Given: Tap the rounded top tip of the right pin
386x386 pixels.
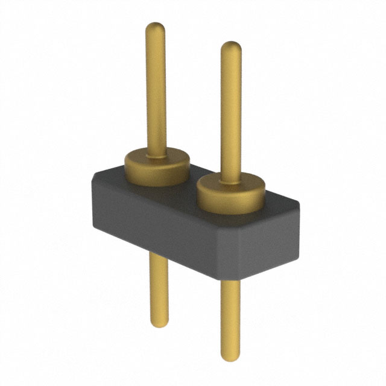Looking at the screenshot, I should point(230,46).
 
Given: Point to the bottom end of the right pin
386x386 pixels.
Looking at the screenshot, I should point(230,356).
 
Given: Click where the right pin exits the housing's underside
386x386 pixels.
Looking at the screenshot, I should point(230,281).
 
